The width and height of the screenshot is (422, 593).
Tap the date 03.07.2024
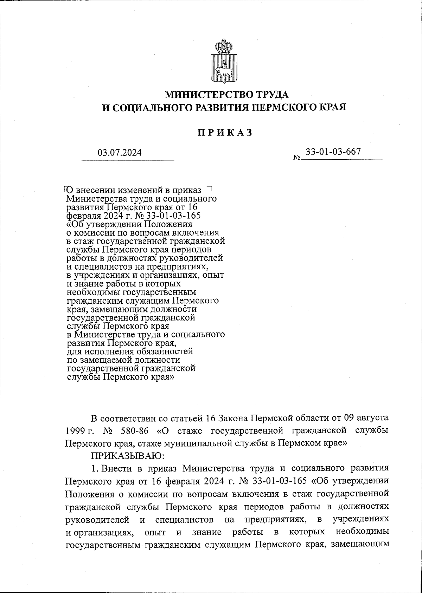120,153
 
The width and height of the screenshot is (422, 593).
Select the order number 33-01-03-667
333,152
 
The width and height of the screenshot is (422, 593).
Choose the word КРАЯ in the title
330,107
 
